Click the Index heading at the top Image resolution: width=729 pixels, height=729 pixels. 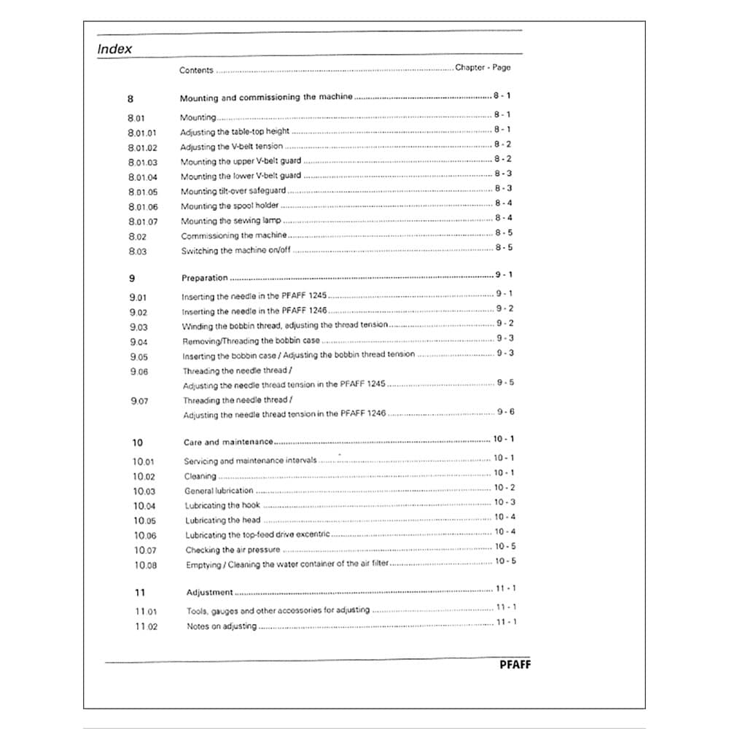pos(115,50)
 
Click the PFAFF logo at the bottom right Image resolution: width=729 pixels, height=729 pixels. pos(515,664)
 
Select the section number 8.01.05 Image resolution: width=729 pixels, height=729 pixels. pos(142,192)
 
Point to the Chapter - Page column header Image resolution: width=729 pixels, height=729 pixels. pos(483,68)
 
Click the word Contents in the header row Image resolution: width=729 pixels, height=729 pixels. pos(196,71)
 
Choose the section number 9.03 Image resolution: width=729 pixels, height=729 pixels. pos(139,327)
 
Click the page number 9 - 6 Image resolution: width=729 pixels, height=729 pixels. pos(505,412)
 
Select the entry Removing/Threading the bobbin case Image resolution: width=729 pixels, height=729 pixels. pos(251,340)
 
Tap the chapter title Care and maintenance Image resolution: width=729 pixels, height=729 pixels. pos(228,442)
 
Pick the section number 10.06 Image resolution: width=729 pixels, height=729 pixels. pos(144,536)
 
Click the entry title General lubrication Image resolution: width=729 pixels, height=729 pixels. pos(219,491)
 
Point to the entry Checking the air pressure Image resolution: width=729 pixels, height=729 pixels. pos(233,550)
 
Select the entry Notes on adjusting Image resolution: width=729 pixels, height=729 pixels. pos(222,626)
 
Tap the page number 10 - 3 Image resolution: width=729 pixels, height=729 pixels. pos(504,502)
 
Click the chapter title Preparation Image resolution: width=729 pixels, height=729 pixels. pos(204,278)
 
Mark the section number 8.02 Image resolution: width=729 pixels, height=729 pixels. pos(137,236)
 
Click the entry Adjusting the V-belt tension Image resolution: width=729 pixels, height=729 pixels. pos(231,147)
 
